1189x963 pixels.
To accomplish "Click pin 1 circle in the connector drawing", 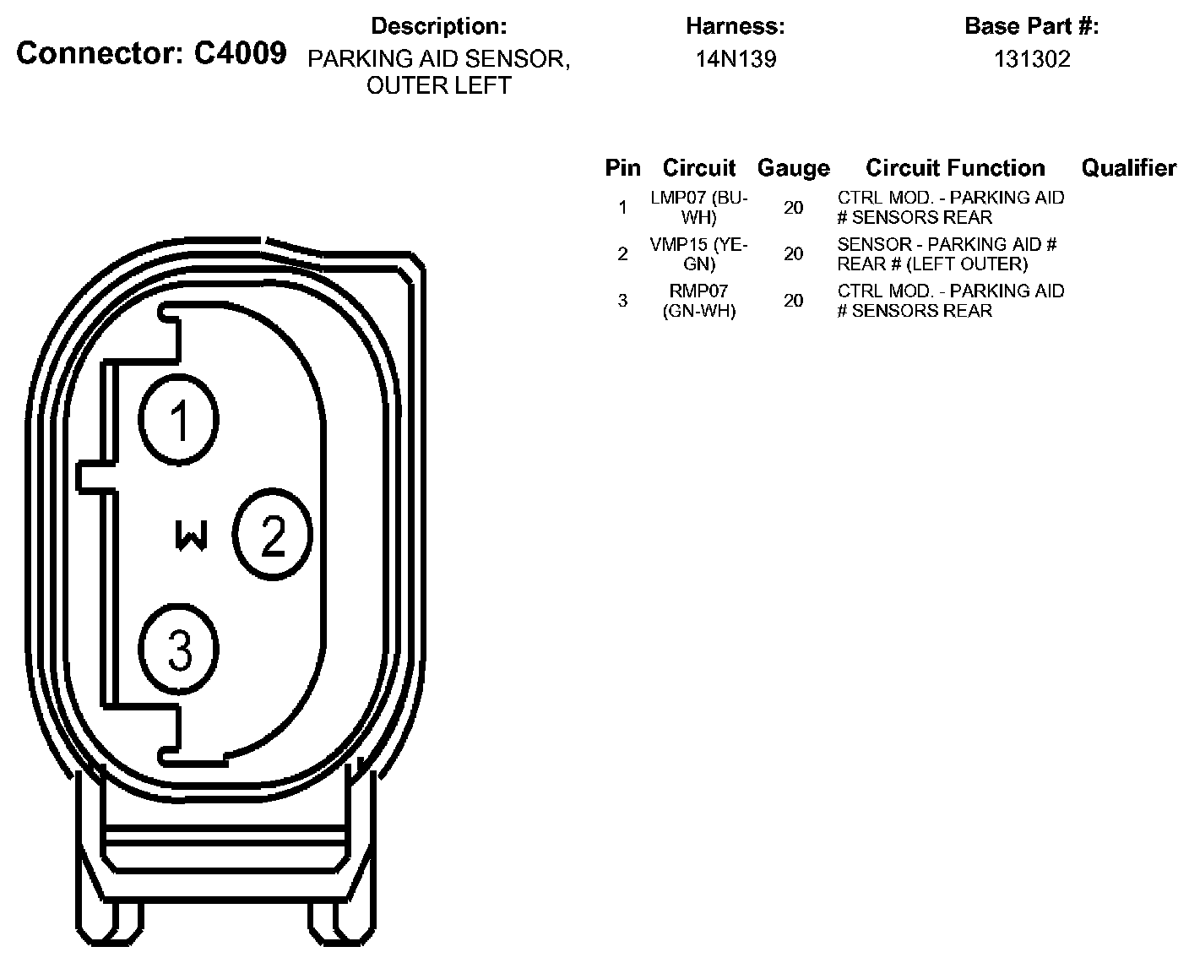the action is coord(179,419).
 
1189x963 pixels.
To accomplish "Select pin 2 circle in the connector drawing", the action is coord(273,533).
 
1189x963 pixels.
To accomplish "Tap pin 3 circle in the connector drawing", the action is coord(179,649).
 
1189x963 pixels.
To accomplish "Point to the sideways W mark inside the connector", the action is coord(192,535).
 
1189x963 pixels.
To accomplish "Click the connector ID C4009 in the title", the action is coord(240,54).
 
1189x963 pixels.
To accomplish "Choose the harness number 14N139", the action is coord(736,59).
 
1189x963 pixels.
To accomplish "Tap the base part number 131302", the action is coord(1031,59).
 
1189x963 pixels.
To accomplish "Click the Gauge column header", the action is coord(793,168).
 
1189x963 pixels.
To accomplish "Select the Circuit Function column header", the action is coord(955,168).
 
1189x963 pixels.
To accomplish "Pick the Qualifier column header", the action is coord(1128,168).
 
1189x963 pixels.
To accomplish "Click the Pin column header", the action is coord(622,168).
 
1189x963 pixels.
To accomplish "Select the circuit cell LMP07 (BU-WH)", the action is coord(699,208).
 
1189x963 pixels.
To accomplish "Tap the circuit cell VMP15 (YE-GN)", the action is coord(699,254).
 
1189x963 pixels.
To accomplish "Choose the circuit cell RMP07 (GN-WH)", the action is coord(699,301).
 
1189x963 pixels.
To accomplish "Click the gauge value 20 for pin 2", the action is coord(793,254).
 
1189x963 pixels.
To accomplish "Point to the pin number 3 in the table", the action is coord(622,301).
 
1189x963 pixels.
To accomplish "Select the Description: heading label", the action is coord(439,26).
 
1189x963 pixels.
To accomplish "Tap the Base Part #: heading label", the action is coord(1031,26).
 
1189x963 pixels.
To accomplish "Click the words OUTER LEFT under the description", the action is coord(439,86).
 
